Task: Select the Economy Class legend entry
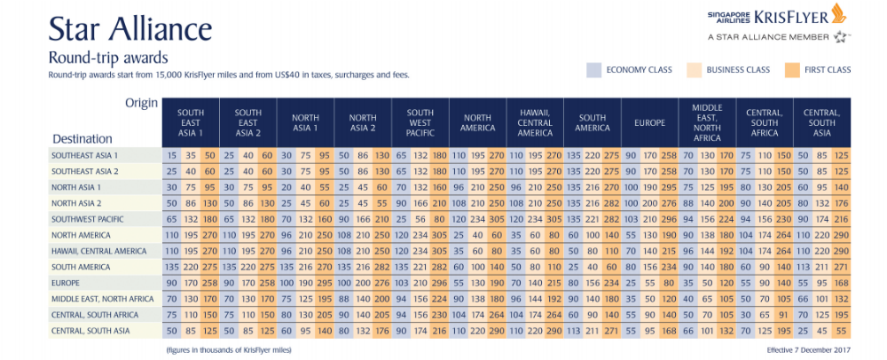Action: pos(639,70)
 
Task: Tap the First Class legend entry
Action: pos(827,70)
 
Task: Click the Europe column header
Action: pos(649,122)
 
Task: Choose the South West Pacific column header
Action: pos(420,122)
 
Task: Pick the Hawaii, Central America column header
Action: pos(535,122)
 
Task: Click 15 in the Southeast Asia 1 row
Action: pos(171,155)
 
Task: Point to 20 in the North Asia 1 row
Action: pos(286,187)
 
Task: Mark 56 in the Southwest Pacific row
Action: pos(420,219)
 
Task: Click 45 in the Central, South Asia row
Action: pos(823,331)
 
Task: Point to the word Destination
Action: pos(82,139)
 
